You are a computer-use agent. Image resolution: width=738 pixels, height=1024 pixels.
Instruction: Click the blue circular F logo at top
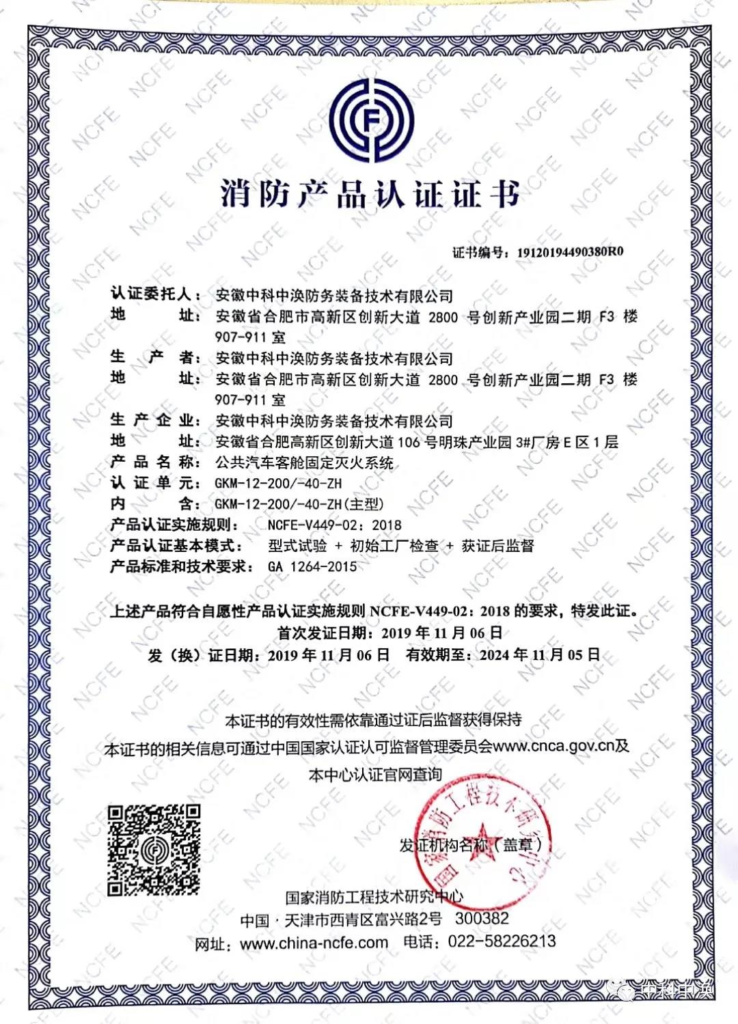click(x=372, y=120)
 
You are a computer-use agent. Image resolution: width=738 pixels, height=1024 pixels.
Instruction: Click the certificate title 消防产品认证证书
click(x=370, y=193)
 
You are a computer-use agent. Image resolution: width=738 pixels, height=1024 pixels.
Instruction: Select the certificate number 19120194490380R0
click(x=570, y=252)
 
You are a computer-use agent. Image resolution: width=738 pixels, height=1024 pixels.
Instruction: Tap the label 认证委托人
click(x=151, y=294)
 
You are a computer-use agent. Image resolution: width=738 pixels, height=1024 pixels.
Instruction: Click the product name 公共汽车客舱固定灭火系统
click(x=304, y=463)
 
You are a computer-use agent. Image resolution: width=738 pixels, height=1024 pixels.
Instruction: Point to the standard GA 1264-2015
click(x=312, y=566)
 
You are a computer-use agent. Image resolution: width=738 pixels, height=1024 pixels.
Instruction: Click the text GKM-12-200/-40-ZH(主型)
click(x=299, y=504)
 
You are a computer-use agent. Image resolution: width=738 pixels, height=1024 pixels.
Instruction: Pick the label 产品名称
click(x=155, y=462)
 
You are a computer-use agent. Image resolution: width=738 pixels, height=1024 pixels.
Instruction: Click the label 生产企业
click(x=155, y=420)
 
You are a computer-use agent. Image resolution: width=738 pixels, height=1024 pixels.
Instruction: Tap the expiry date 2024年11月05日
click(x=540, y=654)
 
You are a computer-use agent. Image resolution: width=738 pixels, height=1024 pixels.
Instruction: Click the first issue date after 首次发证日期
click(x=441, y=633)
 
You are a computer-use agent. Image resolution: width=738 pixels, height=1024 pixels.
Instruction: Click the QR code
click(x=154, y=850)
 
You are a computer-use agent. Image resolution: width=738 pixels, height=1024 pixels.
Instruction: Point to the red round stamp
click(x=483, y=833)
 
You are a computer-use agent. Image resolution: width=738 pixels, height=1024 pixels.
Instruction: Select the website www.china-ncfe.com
click(x=314, y=943)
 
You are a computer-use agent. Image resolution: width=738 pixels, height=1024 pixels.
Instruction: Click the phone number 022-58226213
click(x=502, y=941)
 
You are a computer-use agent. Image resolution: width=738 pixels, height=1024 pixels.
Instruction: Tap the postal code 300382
click(x=482, y=919)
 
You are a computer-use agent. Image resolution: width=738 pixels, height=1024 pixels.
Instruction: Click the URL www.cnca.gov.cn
click(x=553, y=745)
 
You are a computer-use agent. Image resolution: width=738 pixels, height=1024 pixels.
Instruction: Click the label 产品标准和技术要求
click(x=179, y=566)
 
